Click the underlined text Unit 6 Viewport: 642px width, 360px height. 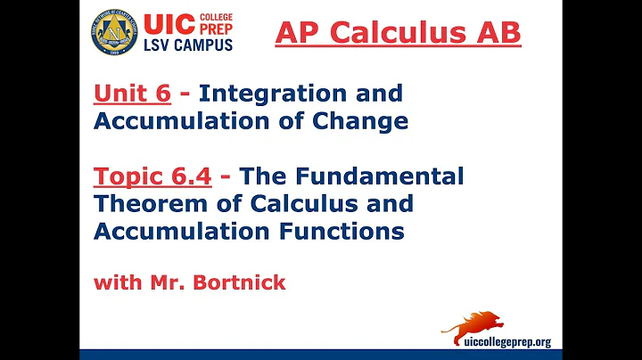[x=129, y=93]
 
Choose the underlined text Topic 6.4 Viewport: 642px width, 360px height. [x=151, y=176]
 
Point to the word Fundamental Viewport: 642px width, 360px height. [x=384, y=176]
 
